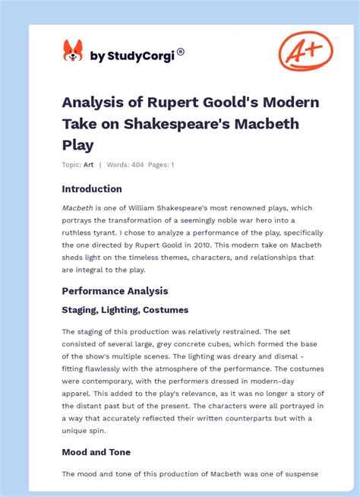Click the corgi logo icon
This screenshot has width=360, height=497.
[x=72, y=51]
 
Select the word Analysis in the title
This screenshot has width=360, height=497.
[x=92, y=103]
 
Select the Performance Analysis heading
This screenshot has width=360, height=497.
[x=115, y=291]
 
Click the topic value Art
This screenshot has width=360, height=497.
[x=88, y=164]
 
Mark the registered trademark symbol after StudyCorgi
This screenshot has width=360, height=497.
[x=181, y=52]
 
